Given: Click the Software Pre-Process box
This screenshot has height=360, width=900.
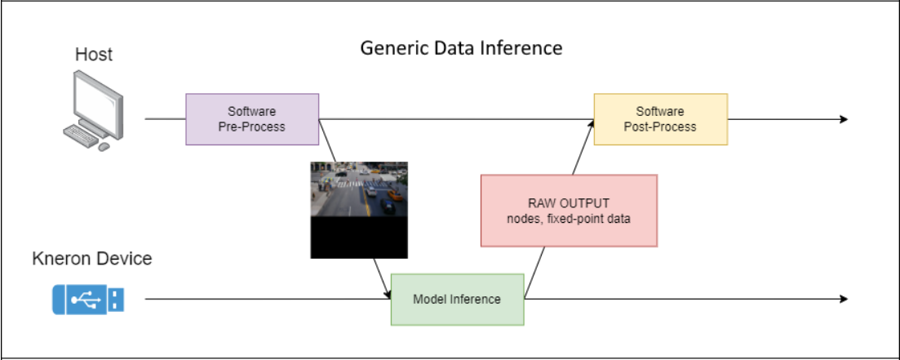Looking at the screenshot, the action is pos(252,119).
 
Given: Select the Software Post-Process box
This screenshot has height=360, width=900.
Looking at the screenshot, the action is pos(661,119).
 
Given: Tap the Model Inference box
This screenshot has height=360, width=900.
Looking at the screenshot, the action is pos(458,299).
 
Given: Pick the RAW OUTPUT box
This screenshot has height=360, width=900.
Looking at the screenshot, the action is pos(569,211).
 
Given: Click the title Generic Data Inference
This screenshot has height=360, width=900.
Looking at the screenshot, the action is pos(462,47).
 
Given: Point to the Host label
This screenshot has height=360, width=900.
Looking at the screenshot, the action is pos(94,55).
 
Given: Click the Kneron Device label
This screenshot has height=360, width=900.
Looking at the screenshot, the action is pos(92,259).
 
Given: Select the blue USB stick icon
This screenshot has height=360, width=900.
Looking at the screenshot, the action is pos(88,299).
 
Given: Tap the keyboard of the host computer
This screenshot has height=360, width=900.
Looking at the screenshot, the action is pos(81,135).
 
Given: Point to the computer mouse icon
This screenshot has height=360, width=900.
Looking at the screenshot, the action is pos(104,147).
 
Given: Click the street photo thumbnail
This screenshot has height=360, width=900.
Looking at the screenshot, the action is pos(359,189).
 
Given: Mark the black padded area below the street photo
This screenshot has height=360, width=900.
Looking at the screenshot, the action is pos(359,237).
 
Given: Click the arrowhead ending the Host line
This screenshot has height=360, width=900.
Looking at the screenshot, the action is pos(844,119).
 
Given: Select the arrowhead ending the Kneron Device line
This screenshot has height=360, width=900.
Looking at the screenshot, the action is pos(844,299).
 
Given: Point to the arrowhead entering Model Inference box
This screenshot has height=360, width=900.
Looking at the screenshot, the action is pos(388,294).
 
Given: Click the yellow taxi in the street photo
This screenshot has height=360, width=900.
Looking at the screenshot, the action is pos(394,194).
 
